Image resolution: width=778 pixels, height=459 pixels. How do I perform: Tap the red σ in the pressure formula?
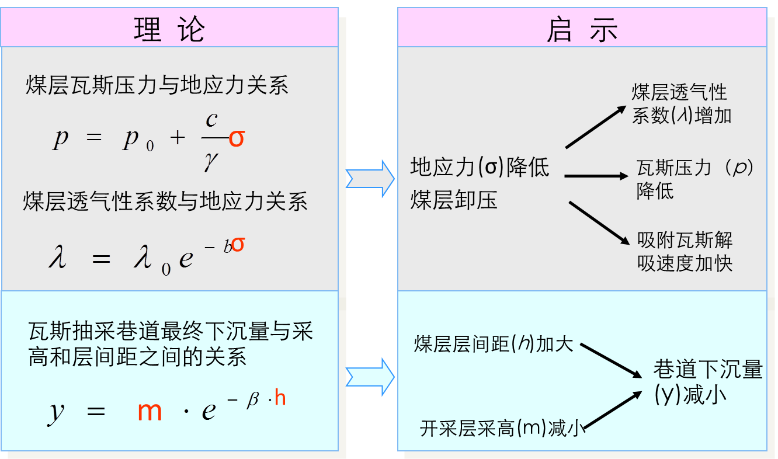[237, 138]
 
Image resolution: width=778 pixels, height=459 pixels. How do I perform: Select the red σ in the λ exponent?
[238, 245]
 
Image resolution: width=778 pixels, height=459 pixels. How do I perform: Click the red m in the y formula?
[150, 411]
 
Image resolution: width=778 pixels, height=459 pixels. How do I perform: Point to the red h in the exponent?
[280, 398]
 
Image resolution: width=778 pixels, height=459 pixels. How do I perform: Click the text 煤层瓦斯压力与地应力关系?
[157, 86]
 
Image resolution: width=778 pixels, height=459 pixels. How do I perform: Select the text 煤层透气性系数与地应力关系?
[165, 201]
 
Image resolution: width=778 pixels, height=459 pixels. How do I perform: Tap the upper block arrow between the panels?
[370, 178]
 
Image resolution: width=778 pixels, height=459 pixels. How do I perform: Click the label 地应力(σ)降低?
[480, 168]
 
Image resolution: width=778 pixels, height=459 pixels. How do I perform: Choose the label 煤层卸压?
[454, 200]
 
